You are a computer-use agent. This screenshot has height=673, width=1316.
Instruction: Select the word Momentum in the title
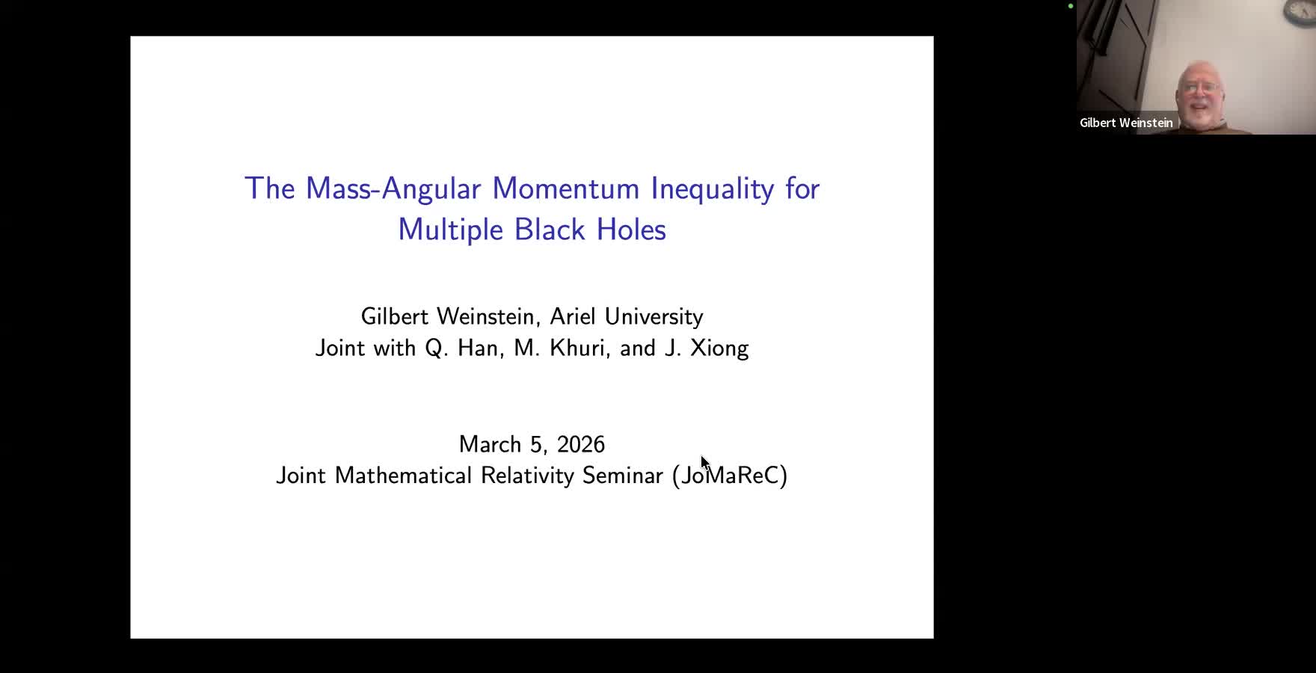(565, 188)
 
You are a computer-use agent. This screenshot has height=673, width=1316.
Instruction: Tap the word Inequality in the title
(712, 188)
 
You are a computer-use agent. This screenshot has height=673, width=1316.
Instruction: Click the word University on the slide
(654, 316)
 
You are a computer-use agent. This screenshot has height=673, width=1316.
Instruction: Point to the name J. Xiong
(707, 348)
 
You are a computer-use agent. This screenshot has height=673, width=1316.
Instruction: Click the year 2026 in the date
(580, 444)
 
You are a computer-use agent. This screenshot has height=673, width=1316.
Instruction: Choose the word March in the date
(490, 444)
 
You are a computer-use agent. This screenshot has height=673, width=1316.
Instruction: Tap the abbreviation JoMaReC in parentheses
(730, 476)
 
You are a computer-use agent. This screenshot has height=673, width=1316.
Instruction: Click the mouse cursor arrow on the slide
(704, 463)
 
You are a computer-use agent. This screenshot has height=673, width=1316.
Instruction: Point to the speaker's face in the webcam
(1201, 93)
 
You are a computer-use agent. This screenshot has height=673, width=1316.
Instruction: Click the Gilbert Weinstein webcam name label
(1126, 123)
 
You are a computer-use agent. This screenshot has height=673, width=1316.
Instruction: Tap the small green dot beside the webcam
(1071, 6)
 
